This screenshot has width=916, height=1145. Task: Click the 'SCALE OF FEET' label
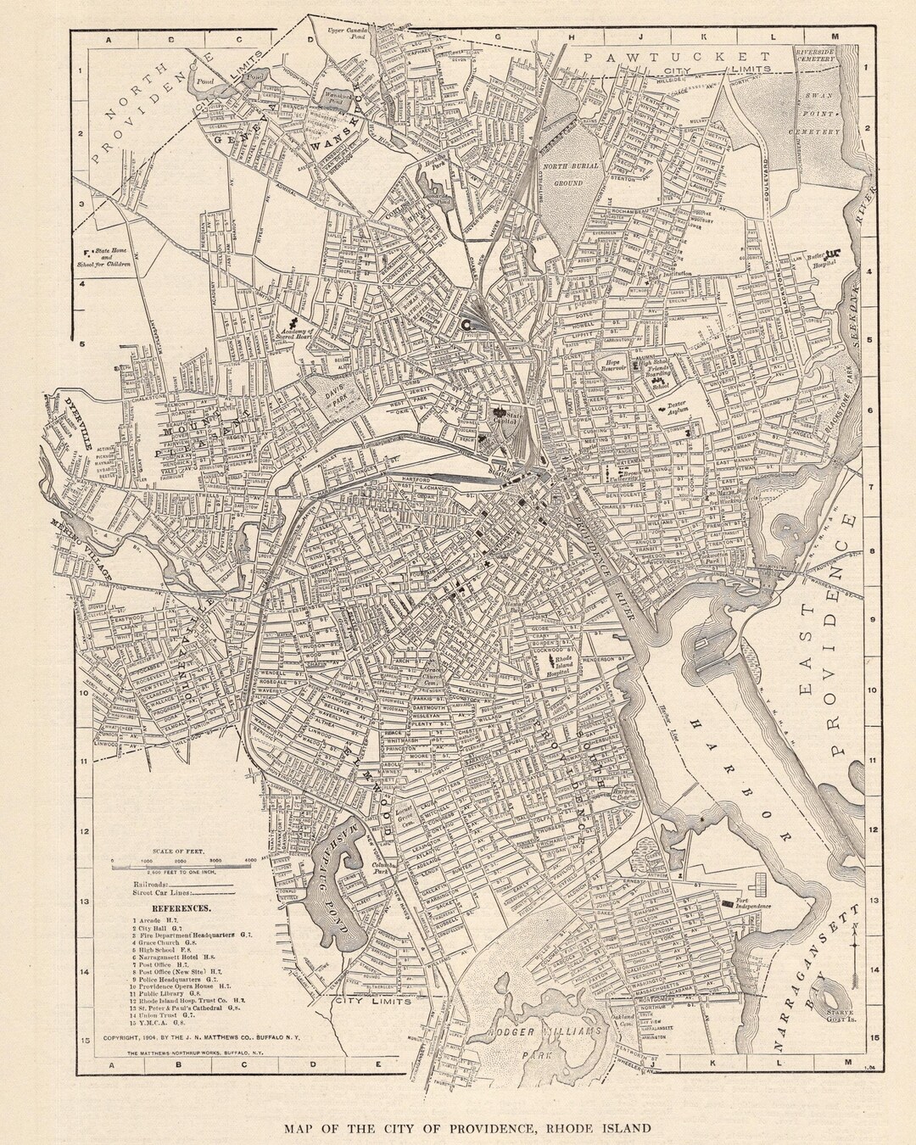182,850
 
